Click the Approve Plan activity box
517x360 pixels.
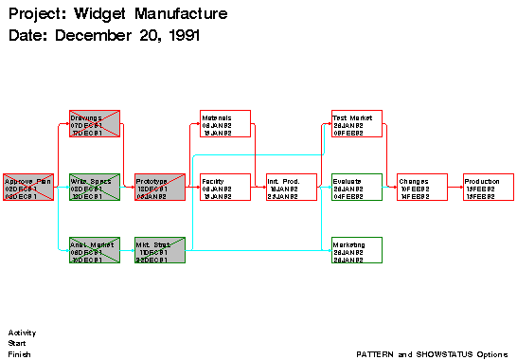tap(28, 187)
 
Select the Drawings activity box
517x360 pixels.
tap(95, 124)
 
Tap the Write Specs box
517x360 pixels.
tap(95, 187)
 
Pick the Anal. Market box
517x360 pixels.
tap(95, 250)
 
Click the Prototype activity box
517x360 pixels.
tap(159, 187)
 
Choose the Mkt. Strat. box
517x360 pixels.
tap(159, 250)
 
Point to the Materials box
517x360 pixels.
tap(225, 124)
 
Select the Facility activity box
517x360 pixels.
tap(225, 187)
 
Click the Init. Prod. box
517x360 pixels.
tap(291, 187)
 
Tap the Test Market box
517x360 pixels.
tap(357, 124)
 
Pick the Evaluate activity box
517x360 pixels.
tap(357, 187)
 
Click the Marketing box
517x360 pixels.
tap(357, 250)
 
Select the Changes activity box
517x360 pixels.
tap(422, 187)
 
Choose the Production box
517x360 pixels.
tap(489, 187)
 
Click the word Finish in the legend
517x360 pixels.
tap(20, 353)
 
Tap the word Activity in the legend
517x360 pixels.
tap(22, 333)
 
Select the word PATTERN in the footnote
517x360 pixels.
tap(375, 353)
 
